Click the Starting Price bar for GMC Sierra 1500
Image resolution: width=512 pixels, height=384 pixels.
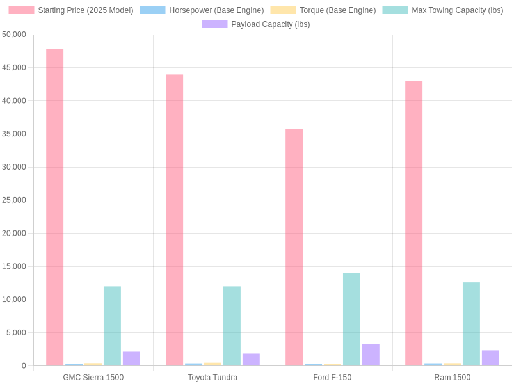[54, 207]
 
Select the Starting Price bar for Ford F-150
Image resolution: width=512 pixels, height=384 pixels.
[294, 248]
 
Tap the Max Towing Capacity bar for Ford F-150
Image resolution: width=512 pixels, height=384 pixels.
[351, 319]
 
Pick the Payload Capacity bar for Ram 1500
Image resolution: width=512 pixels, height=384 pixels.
[490, 358]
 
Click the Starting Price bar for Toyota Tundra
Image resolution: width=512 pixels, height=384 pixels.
[174, 220]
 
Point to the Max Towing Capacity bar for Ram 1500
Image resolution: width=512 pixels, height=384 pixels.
[471, 324]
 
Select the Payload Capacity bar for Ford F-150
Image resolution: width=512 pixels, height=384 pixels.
[371, 355]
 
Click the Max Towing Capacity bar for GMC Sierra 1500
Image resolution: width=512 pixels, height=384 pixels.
[112, 326]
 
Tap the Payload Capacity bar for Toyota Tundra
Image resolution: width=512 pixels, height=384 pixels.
[251, 360]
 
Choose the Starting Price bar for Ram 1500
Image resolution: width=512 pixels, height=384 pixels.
[413, 223]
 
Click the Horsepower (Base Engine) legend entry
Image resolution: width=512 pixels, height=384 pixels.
[202, 10]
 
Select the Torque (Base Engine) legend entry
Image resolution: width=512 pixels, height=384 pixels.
[323, 10]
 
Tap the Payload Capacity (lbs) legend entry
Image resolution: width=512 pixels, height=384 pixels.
[256, 24]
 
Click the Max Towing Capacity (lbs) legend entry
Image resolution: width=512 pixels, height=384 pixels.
[443, 10]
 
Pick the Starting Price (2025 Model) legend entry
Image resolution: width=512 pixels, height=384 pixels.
[71, 10]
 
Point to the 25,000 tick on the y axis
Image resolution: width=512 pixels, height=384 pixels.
[13, 200]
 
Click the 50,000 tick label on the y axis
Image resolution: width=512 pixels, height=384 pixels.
[13, 35]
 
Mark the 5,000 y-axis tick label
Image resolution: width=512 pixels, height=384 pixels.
[15, 333]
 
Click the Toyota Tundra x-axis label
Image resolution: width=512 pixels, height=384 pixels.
[212, 378]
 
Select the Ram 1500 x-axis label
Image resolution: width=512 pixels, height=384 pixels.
[452, 378]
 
